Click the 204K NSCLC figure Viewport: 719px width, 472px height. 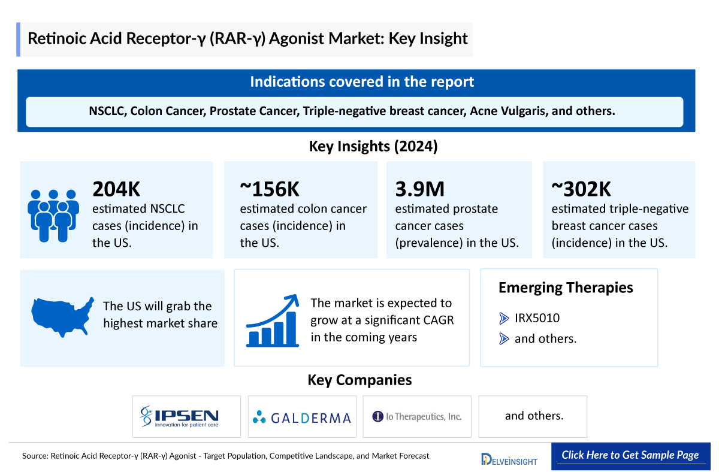click(116, 189)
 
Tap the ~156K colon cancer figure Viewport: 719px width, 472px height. click(270, 189)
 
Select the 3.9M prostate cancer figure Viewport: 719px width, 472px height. click(420, 189)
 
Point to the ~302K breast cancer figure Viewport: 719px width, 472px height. click(581, 189)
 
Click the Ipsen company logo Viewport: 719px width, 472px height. click(179, 416)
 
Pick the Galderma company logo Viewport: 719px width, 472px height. click(302, 417)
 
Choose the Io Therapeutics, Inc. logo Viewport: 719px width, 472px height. click(417, 416)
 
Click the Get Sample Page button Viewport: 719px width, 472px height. click(630, 455)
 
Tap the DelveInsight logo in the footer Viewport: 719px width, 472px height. click(509, 459)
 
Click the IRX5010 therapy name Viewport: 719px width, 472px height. click(537, 318)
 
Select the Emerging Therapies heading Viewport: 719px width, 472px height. click(566, 288)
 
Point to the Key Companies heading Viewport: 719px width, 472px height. click(359, 380)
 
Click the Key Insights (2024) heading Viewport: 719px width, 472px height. click(373, 147)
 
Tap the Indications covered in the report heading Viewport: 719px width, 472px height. click(362, 82)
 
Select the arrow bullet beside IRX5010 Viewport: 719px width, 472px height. click(504, 319)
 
